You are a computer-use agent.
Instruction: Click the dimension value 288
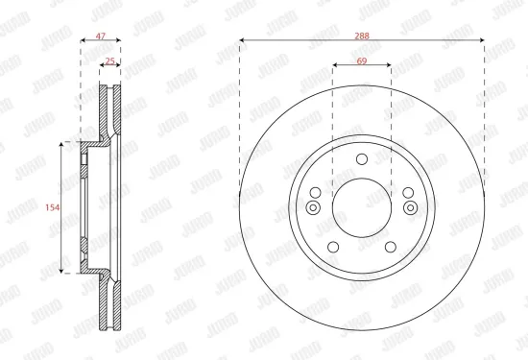click(x=362, y=35)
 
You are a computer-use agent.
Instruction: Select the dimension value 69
click(x=361, y=60)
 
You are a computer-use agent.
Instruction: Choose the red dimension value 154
click(x=54, y=206)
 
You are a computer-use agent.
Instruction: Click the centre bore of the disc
click(x=361, y=206)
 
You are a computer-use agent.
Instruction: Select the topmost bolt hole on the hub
click(x=361, y=160)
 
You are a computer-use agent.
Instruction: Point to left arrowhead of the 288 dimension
click(x=241, y=40)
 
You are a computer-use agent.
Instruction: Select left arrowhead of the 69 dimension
click(x=334, y=66)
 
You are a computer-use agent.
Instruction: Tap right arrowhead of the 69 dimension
click(x=389, y=66)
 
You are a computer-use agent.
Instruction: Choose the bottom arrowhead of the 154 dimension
click(x=63, y=271)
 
